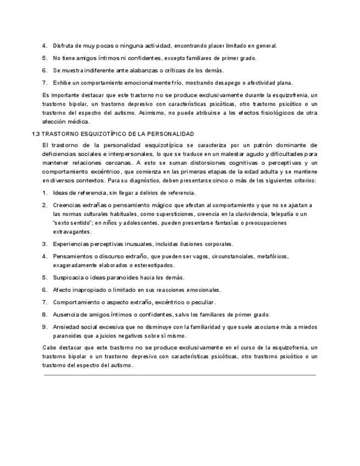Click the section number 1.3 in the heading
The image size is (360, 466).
pos(35,134)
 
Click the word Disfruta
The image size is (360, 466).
pos(65,46)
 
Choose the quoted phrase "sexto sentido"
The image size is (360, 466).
pos(72,223)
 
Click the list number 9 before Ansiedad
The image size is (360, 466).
pos(45,327)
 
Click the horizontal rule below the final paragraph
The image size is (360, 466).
pos(180,375)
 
